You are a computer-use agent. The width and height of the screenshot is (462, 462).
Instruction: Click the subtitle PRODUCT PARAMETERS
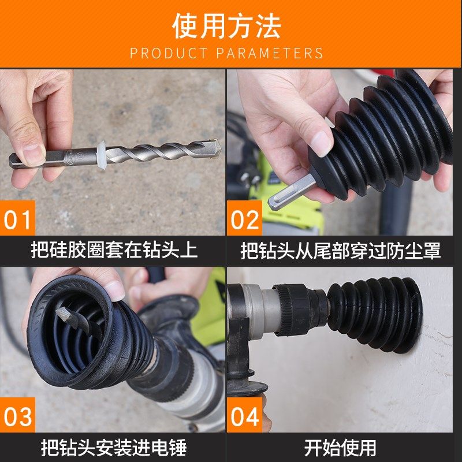click(x=226, y=54)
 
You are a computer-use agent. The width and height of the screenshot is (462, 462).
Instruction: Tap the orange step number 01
click(x=18, y=220)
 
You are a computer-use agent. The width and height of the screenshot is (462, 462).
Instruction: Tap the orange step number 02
click(x=245, y=220)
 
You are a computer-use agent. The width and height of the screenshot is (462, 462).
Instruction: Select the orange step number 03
click(x=18, y=418)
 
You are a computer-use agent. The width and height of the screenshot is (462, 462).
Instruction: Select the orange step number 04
click(x=245, y=418)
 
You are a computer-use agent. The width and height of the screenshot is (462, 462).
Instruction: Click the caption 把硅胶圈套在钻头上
click(x=114, y=250)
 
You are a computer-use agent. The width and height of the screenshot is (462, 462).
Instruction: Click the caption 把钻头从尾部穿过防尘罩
click(x=341, y=250)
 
